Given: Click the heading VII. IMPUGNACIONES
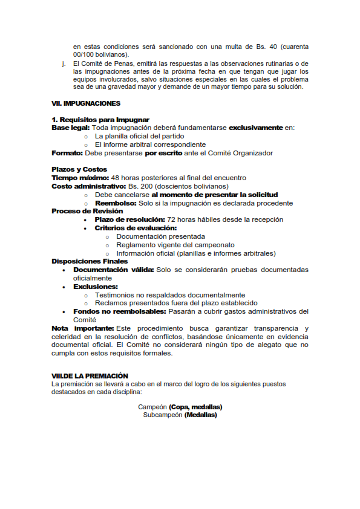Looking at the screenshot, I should [x=86, y=103].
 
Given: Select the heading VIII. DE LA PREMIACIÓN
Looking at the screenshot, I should [x=90, y=376].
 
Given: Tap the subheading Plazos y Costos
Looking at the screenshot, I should [x=79, y=169].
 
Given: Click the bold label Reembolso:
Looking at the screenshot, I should [x=116, y=203].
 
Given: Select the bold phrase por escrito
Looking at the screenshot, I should [x=165, y=153].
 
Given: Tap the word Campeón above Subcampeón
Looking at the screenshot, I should [x=152, y=407].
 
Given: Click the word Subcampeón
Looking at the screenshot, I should [x=162, y=415].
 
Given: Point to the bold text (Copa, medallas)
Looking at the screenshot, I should [x=195, y=407].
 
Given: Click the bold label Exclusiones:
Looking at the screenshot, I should [x=96, y=287].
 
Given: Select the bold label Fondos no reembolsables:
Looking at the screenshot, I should [x=119, y=311].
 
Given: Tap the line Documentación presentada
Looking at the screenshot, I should [x=160, y=236].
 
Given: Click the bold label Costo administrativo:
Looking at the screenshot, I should [x=88, y=186].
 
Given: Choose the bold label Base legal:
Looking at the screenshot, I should [x=71, y=128].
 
